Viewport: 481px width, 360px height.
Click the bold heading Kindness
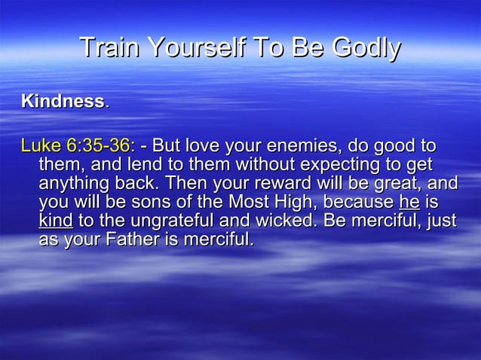click(x=63, y=101)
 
